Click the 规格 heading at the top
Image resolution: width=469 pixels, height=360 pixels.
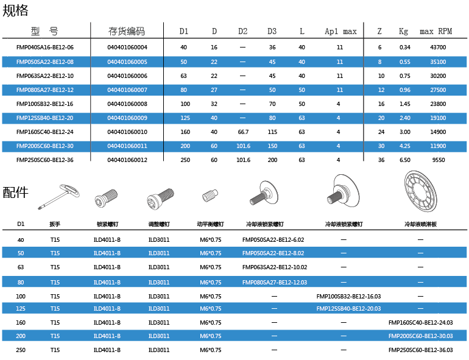pyautogui.click(x=16, y=10)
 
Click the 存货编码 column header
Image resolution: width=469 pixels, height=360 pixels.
pyautogui.click(x=127, y=31)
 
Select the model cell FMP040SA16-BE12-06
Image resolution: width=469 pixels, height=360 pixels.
pyautogui.click(x=45, y=47)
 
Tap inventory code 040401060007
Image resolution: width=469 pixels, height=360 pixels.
pyautogui.click(x=127, y=90)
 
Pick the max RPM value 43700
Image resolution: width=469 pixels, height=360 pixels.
pyautogui.click(x=437, y=47)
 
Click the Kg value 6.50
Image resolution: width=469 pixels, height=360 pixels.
pyautogui.click(x=404, y=160)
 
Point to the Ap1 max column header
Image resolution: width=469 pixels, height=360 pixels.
pyautogui.click(x=340, y=31)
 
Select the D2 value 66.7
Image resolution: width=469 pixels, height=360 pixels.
pyautogui.click(x=242, y=132)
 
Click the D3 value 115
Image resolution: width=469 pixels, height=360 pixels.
pyautogui.click(x=272, y=132)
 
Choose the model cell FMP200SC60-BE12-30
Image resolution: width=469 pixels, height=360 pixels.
pyautogui.click(x=45, y=146)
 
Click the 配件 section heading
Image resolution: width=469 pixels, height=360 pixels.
pyautogui.click(x=16, y=192)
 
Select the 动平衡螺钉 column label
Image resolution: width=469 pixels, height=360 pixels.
pyautogui.click(x=211, y=224)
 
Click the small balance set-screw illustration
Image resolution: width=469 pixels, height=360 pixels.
pyautogui.click(x=210, y=197)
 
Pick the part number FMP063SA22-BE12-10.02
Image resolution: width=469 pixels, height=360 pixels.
pyautogui.click(x=274, y=267)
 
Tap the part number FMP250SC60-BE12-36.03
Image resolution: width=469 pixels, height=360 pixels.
pyautogui.click(x=420, y=350)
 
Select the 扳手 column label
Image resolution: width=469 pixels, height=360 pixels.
pyautogui.click(x=55, y=224)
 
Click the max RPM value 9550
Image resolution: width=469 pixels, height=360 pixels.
pyautogui.click(x=437, y=160)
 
